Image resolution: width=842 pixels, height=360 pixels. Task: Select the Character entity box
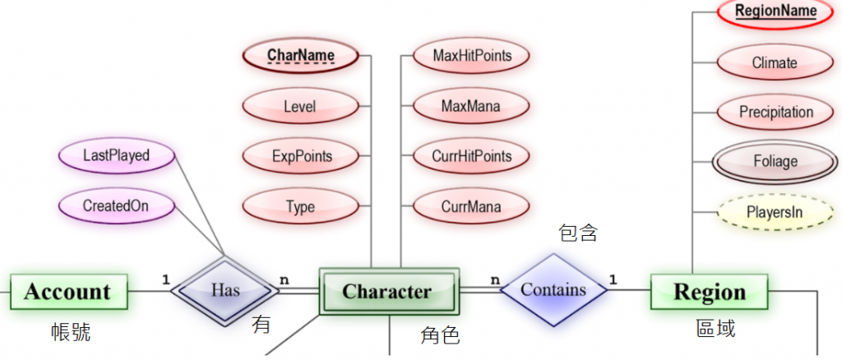coord(386,291)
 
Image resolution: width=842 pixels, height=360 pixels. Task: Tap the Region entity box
coord(709,291)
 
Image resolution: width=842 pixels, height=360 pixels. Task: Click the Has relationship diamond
coord(225,289)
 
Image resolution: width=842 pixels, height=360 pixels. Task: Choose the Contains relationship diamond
coord(553,289)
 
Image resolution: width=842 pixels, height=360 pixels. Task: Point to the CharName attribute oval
coord(301,56)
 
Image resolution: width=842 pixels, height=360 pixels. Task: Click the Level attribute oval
coord(300,106)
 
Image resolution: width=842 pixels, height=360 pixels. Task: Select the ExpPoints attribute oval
coord(301,156)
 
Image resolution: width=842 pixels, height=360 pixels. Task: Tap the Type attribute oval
coord(300,206)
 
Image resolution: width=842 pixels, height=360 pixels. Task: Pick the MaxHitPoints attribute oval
coord(471,56)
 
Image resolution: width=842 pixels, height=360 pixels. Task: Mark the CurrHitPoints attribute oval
coord(471,156)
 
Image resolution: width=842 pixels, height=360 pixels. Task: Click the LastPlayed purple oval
coord(117,155)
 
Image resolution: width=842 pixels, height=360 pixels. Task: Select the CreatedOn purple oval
coord(117,205)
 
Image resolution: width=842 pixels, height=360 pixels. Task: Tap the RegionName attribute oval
coord(775,12)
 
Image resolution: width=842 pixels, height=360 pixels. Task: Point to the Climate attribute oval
coord(775,62)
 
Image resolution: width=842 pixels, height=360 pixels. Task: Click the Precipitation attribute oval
coord(775,112)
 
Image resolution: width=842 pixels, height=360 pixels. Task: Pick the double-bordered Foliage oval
coord(775,161)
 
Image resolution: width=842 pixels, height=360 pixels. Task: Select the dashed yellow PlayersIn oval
coord(775,211)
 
